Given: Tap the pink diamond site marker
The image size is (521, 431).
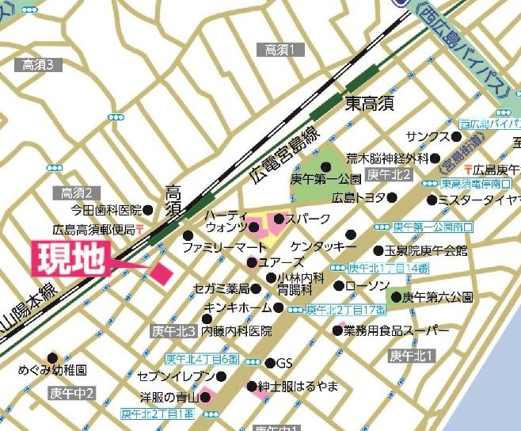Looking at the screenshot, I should (163, 273).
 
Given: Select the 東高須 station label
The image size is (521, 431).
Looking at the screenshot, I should (369, 103).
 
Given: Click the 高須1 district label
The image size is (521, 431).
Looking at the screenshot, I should (280, 50).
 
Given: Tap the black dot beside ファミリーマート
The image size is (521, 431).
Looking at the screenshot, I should (188, 236).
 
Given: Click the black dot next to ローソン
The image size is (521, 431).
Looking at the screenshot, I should (338, 285).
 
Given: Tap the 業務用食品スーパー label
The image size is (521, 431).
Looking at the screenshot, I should (391, 330).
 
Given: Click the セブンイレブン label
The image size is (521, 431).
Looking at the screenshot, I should (176, 375).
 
